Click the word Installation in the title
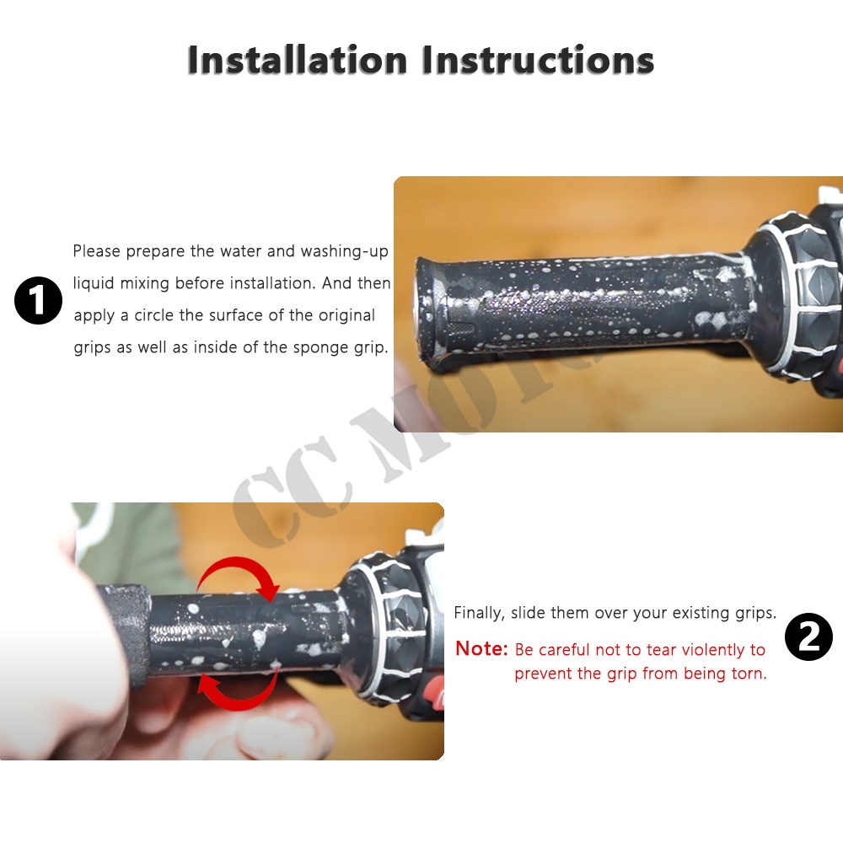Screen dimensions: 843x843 point(298,59)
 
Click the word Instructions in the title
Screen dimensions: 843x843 point(538,59)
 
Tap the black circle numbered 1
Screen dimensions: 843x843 point(38,300)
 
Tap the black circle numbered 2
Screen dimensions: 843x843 point(808,636)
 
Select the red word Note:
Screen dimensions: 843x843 point(481,649)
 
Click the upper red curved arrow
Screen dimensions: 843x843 point(239,578)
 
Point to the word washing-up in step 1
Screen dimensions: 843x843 point(344,251)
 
